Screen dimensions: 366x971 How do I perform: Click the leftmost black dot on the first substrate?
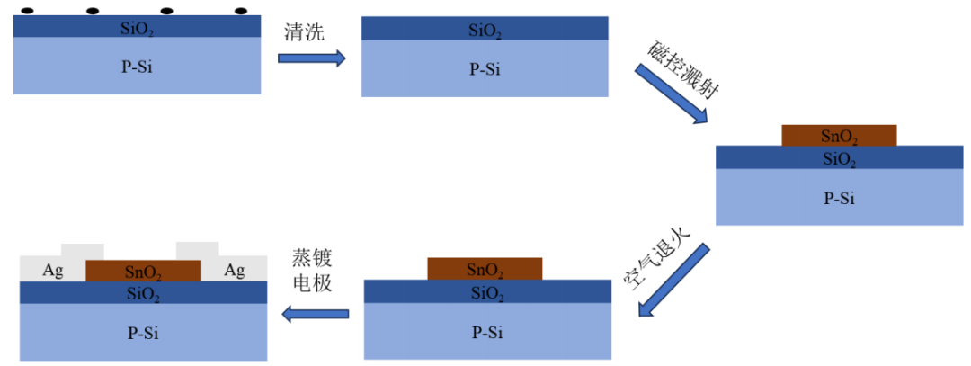pyautogui.click(x=28, y=12)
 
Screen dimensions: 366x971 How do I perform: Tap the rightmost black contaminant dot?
pyautogui.click(x=240, y=12)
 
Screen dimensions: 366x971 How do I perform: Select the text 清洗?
pyautogui.click(x=303, y=31)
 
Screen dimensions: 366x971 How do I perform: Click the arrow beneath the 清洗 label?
pyautogui.click(x=311, y=58)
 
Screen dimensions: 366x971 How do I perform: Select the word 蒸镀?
pyautogui.click(x=311, y=258)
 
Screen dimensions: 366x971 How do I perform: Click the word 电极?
pyautogui.click(x=311, y=283)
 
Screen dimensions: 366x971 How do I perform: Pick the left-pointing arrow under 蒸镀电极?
pyautogui.click(x=315, y=314)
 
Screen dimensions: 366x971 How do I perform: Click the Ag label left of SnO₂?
pyautogui.click(x=53, y=270)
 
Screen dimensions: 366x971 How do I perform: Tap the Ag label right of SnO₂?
pyautogui.click(x=235, y=270)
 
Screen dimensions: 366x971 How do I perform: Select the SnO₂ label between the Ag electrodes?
pyautogui.click(x=143, y=272)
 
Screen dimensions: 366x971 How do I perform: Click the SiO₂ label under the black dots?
pyautogui.click(x=137, y=28)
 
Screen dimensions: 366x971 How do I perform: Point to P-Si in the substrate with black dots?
pyautogui.click(x=137, y=66)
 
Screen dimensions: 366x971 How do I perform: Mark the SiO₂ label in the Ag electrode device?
pyautogui.click(x=143, y=293)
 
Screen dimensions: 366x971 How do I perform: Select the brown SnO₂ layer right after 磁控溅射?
pyautogui.click(x=839, y=137)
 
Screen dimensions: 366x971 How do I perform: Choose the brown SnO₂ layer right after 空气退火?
pyautogui.click(x=485, y=269)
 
